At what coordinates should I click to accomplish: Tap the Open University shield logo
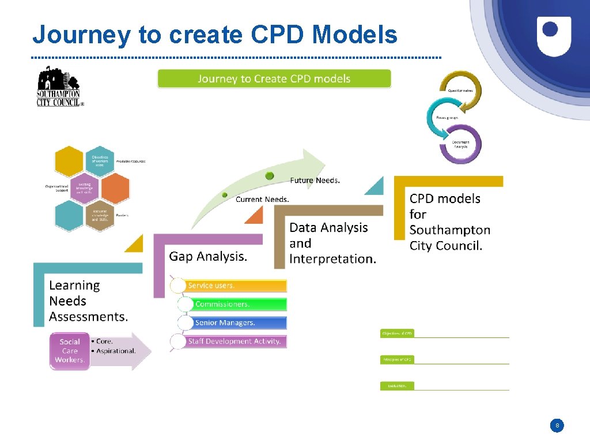tap(554, 36)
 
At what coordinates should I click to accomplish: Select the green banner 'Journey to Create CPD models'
tap(274, 79)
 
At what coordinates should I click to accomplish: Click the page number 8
tap(557, 426)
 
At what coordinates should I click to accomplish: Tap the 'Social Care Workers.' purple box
tap(70, 351)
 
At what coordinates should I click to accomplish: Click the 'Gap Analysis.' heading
tap(208, 256)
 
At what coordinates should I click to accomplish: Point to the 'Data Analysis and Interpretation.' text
tap(332, 243)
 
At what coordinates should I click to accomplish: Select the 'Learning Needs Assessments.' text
tap(88, 301)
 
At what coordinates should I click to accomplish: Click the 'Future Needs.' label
tap(315, 181)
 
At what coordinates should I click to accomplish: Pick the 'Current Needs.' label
tap(262, 200)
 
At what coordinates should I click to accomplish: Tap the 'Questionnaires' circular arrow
tap(461, 91)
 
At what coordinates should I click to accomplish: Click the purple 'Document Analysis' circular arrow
tap(460, 144)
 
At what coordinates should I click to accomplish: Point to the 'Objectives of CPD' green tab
tap(397, 333)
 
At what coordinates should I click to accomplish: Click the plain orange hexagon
tap(115, 189)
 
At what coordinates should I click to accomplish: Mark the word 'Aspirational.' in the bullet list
tap(116, 351)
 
